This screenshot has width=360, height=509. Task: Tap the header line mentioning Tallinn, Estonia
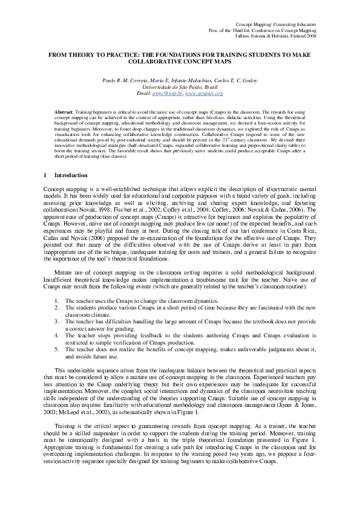coord(283,36)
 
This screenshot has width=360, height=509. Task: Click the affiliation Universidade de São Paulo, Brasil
coord(180,87)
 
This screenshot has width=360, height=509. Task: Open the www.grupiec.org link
coord(204,94)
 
